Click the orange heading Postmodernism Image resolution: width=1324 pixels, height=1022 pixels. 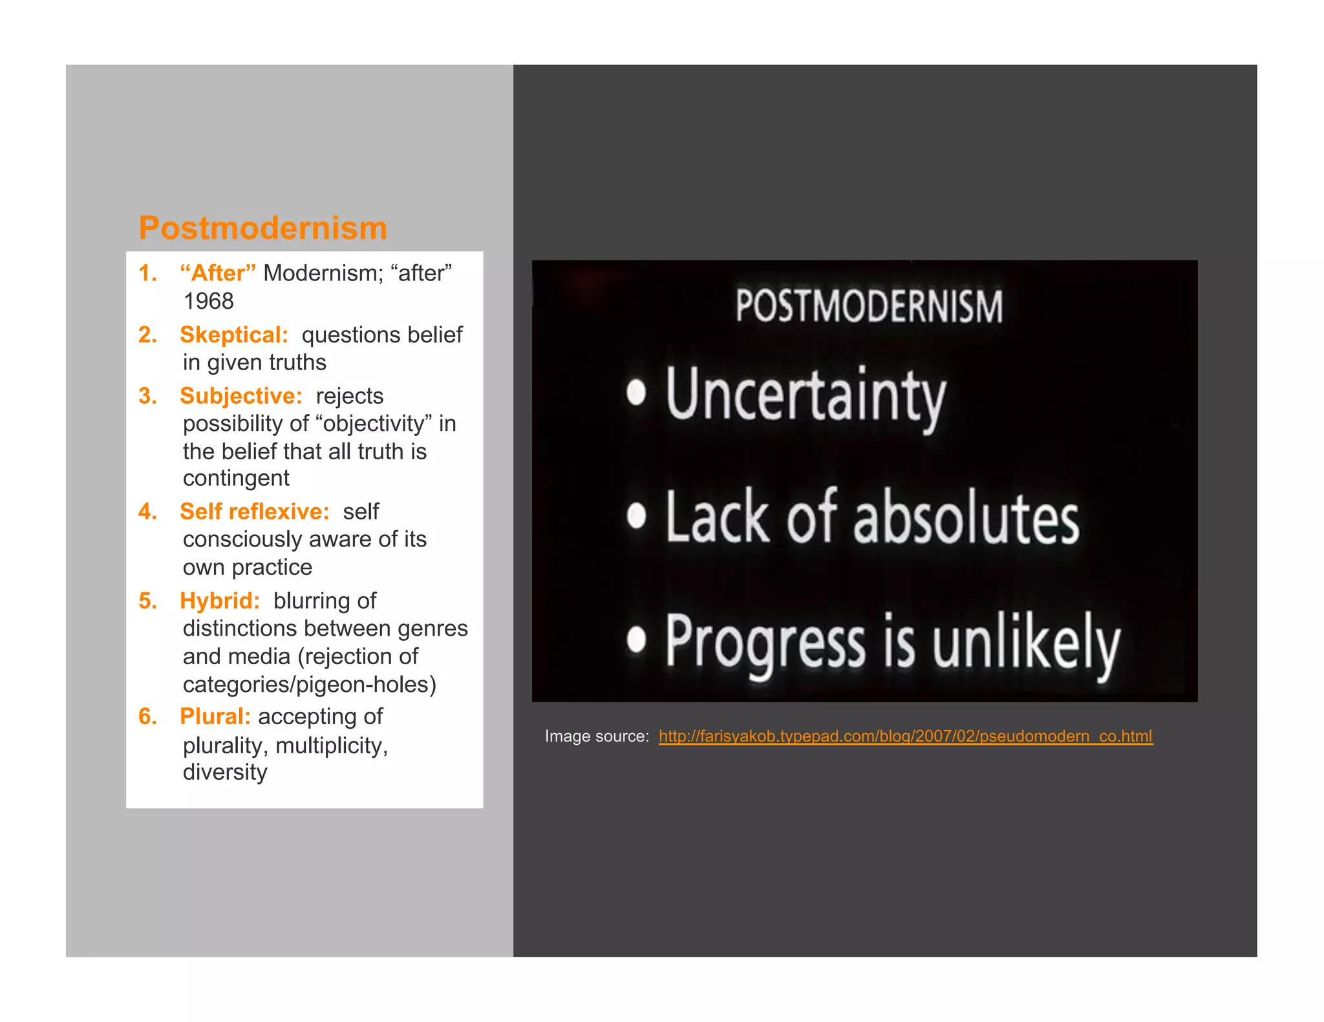tap(263, 228)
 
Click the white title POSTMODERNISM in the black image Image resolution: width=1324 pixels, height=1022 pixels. tap(869, 306)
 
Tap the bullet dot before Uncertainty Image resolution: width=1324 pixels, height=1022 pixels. tap(636, 392)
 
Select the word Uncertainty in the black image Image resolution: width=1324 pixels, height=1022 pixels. tap(806, 395)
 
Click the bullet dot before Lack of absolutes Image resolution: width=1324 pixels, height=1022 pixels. tap(636, 516)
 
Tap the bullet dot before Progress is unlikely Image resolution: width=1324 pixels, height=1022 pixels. tap(636, 640)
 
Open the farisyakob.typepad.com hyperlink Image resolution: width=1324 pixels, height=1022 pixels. tap(905, 736)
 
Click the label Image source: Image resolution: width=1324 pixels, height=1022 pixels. tap(597, 736)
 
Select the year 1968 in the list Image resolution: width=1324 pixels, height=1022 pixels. tap(208, 301)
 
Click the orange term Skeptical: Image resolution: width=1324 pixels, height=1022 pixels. tap(234, 335)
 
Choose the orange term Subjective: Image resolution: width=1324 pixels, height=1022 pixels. tap(240, 395)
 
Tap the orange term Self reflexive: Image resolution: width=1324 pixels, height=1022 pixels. tap(254, 511)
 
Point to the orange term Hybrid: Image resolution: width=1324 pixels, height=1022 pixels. tap(220, 600)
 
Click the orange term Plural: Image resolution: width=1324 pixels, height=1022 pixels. tap(215, 716)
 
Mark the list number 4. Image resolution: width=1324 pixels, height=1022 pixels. tap(147, 511)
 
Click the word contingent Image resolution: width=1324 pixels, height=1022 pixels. tap(236, 478)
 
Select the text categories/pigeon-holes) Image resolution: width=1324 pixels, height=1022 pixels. tap(309, 684)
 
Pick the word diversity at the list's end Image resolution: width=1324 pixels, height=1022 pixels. tap(225, 772)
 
